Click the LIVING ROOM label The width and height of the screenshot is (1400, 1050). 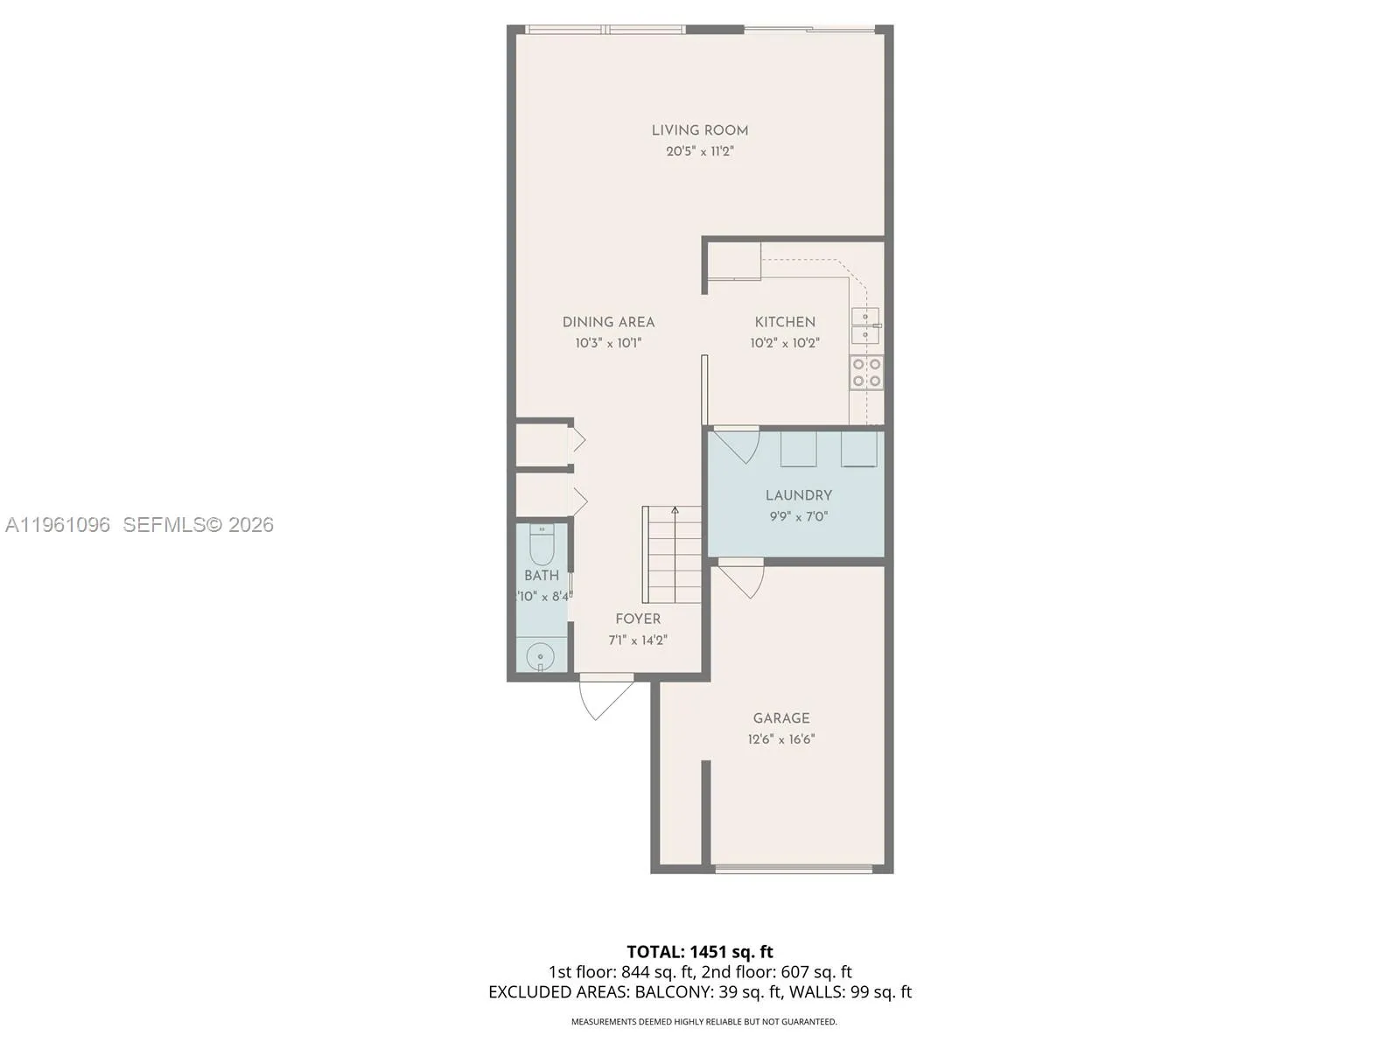699,130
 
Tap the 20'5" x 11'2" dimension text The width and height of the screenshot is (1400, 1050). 699,151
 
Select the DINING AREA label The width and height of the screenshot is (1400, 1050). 608,322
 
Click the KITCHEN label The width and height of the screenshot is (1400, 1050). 785,322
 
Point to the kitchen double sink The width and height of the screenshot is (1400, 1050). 865,325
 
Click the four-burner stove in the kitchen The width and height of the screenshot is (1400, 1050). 866,372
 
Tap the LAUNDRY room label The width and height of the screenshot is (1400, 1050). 798,495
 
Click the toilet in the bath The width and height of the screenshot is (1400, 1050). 542,546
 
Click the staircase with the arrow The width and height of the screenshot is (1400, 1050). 673,554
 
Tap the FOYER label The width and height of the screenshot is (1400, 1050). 638,619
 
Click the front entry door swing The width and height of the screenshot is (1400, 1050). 604,696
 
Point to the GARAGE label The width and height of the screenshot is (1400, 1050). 780,718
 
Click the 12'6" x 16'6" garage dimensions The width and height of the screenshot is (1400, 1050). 780,739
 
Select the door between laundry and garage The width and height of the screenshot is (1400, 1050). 742,577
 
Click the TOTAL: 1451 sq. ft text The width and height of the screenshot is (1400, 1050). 699,952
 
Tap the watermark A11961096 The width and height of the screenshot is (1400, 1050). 58,525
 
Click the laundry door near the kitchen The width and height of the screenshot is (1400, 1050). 737,444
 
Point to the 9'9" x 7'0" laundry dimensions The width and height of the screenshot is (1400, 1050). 798,516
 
